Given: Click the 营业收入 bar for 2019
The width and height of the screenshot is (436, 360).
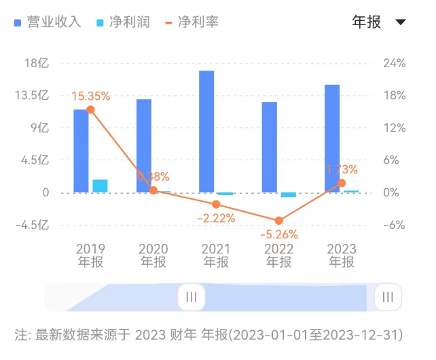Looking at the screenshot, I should tap(81, 151).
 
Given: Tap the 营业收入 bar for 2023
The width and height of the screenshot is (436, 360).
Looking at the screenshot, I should tap(332, 139).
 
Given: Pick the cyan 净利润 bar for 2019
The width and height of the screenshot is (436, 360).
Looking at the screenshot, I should tap(100, 185).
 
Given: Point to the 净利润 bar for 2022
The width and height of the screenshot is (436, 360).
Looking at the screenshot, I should tap(289, 195).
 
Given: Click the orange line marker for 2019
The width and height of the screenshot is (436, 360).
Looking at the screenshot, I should tap(90, 110).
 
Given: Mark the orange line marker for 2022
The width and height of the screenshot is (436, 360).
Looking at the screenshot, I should tap(278, 221).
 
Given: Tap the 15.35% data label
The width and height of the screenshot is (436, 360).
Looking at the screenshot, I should tap(90, 96).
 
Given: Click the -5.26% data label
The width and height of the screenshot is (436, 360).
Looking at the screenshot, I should tap(278, 234).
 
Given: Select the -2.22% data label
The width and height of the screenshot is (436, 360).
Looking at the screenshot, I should tap(216, 218).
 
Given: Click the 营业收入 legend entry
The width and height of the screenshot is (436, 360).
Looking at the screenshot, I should tap(48, 22).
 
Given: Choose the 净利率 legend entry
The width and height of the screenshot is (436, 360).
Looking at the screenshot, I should tap(192, 22).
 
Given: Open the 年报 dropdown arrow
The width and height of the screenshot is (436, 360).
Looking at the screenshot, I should tap(400, 22).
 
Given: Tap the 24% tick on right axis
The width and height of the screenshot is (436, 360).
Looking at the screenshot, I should tap(394, 63).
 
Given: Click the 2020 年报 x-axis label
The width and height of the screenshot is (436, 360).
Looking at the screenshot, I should tap(153, 255).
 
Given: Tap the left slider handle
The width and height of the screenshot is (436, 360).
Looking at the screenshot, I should tap(192, 297).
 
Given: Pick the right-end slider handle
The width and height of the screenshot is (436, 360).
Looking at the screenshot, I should tap(388, 297).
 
